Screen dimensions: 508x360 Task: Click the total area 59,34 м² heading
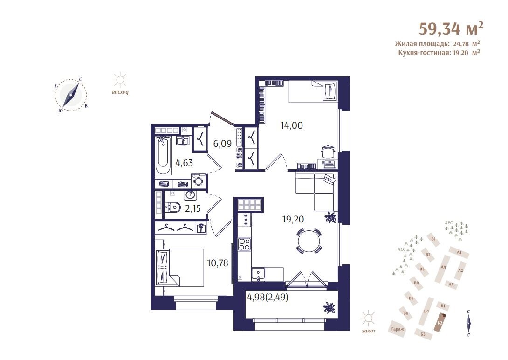tap(451, 29)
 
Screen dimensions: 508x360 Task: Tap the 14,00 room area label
tap(292, 125)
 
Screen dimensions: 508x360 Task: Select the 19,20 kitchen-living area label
tap(293, 219)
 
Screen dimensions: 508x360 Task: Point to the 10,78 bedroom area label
tap(218, 263)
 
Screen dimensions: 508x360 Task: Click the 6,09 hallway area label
tap(222, 143)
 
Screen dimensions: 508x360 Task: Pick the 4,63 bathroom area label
tap(184, 162)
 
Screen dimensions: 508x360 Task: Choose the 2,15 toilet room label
tap(193, 208)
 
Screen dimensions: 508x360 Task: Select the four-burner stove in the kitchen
tap(244, 244)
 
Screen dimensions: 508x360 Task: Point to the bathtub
tap(163, 156)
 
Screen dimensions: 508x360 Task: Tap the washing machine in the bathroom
tap(198, 181)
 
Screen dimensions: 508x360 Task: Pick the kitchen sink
tap(259, 274)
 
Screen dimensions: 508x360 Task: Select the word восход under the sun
tap(120, 92)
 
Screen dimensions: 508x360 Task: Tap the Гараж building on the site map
tap(397, 328)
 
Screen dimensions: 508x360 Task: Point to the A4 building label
tap(443, 267)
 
